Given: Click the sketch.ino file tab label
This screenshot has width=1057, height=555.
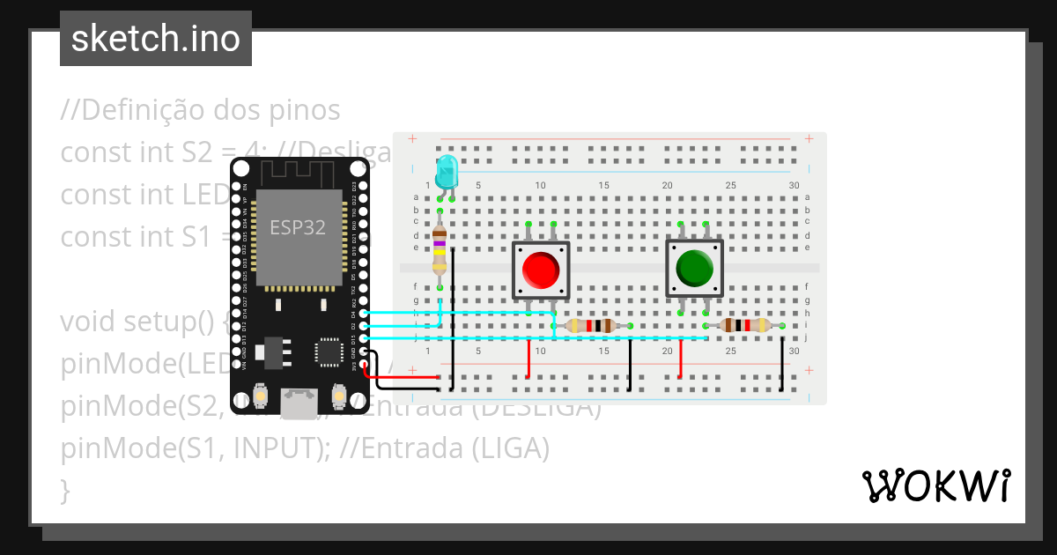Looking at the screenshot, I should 156,39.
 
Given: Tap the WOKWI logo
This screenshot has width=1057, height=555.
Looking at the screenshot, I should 935,485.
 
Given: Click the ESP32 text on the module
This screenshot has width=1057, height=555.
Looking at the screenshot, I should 297,227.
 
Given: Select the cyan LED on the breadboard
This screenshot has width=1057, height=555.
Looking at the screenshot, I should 447,170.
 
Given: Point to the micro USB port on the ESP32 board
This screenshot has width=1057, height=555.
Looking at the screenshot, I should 299,404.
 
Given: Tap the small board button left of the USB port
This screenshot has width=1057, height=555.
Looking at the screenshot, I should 261,397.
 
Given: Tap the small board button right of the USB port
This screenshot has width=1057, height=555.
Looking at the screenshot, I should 338,397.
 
